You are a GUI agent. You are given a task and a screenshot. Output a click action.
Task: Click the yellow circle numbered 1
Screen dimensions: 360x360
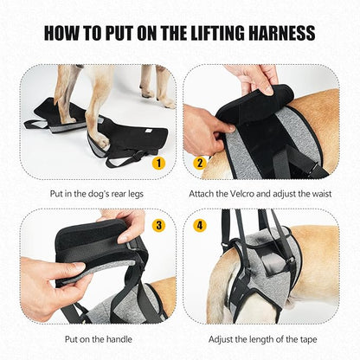pyautogui.click(x=157, y=161)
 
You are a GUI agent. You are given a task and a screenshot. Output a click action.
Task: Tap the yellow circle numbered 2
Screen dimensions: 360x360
pyautogui.click(x=201, y=161)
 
